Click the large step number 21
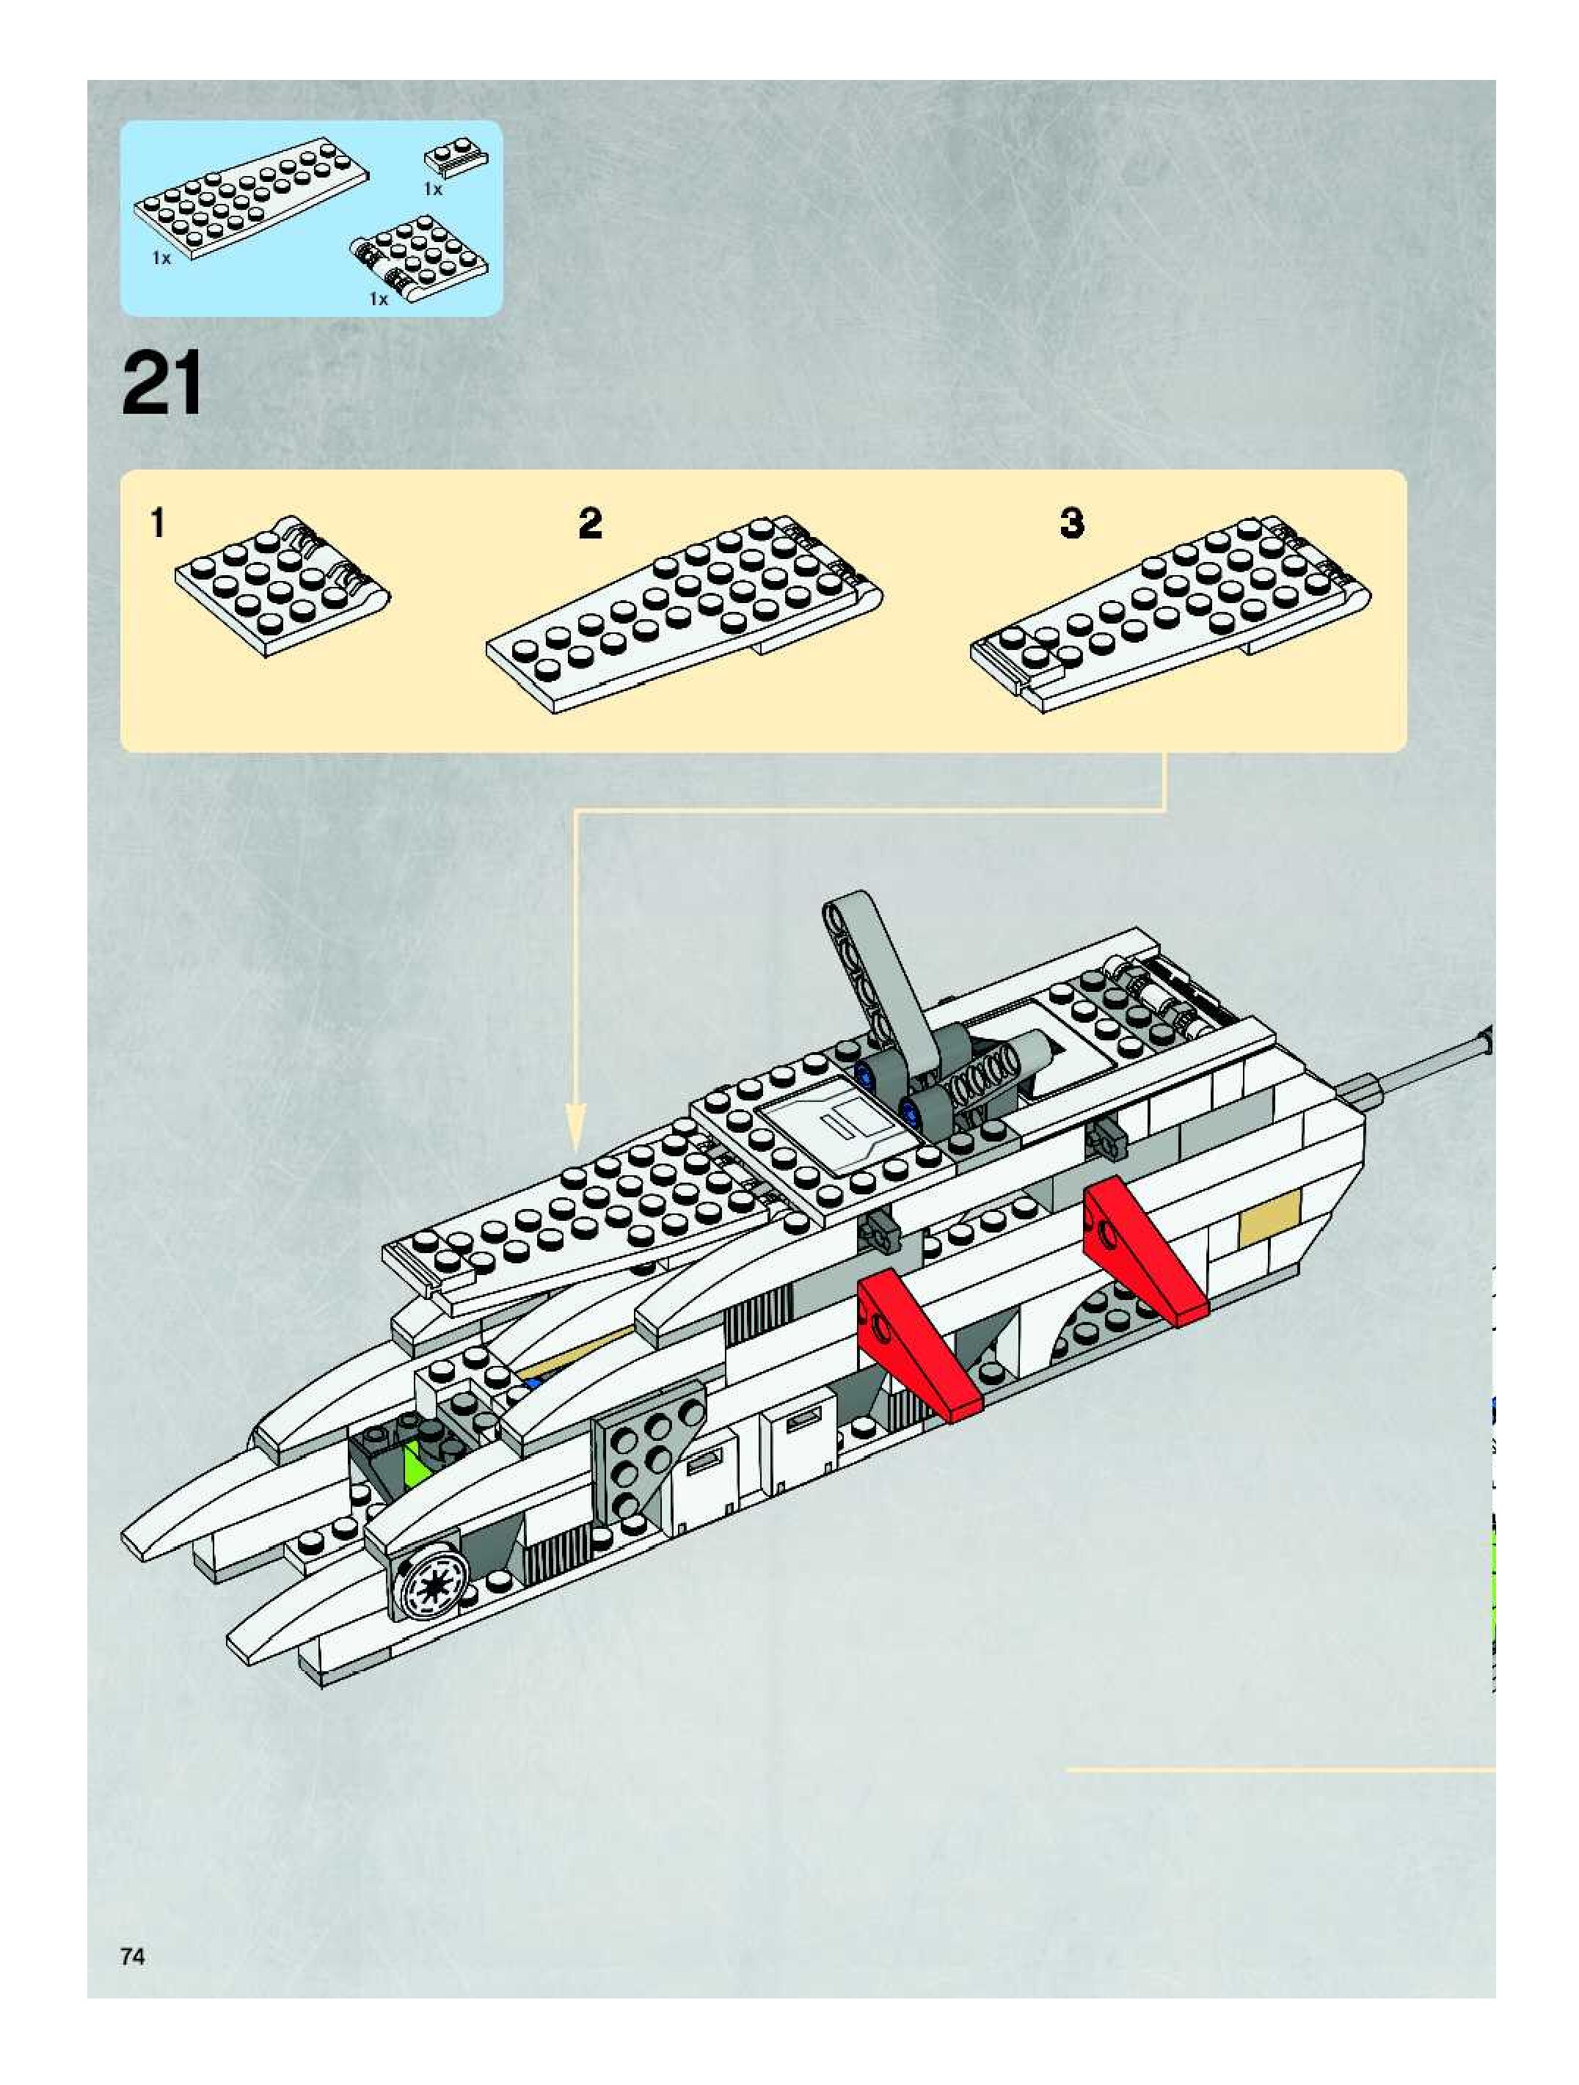[161, 383]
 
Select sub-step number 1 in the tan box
[158, 523]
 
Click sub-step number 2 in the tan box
[590, 523]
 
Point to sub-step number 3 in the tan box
[1072, 523]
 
